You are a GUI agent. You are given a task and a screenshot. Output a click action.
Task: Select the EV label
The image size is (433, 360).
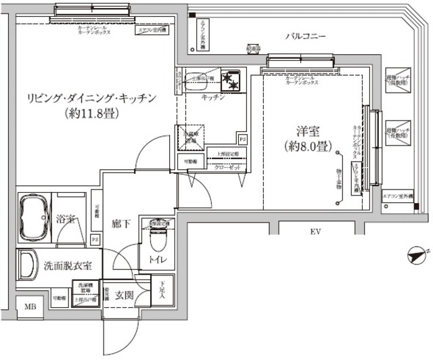pyautogui.click(x=315, y=233)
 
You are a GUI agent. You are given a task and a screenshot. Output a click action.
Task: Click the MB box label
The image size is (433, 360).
pyautogui.click(x=30, y=307)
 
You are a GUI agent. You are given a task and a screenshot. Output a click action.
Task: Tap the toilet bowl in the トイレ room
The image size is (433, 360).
pyautogui.click(x=157, y=239)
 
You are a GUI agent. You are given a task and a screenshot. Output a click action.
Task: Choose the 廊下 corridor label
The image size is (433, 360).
pyautogui.click(x=121, y=223)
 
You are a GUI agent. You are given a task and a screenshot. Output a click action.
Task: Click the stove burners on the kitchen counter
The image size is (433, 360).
pyautogui.click(x=233, y=80)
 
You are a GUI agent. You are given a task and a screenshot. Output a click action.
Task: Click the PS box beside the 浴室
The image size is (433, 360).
pyautogui.click(x=95, y=239)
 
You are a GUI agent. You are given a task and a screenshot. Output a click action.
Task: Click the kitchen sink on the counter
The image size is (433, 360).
pyautogui.click(x=201, y=78)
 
